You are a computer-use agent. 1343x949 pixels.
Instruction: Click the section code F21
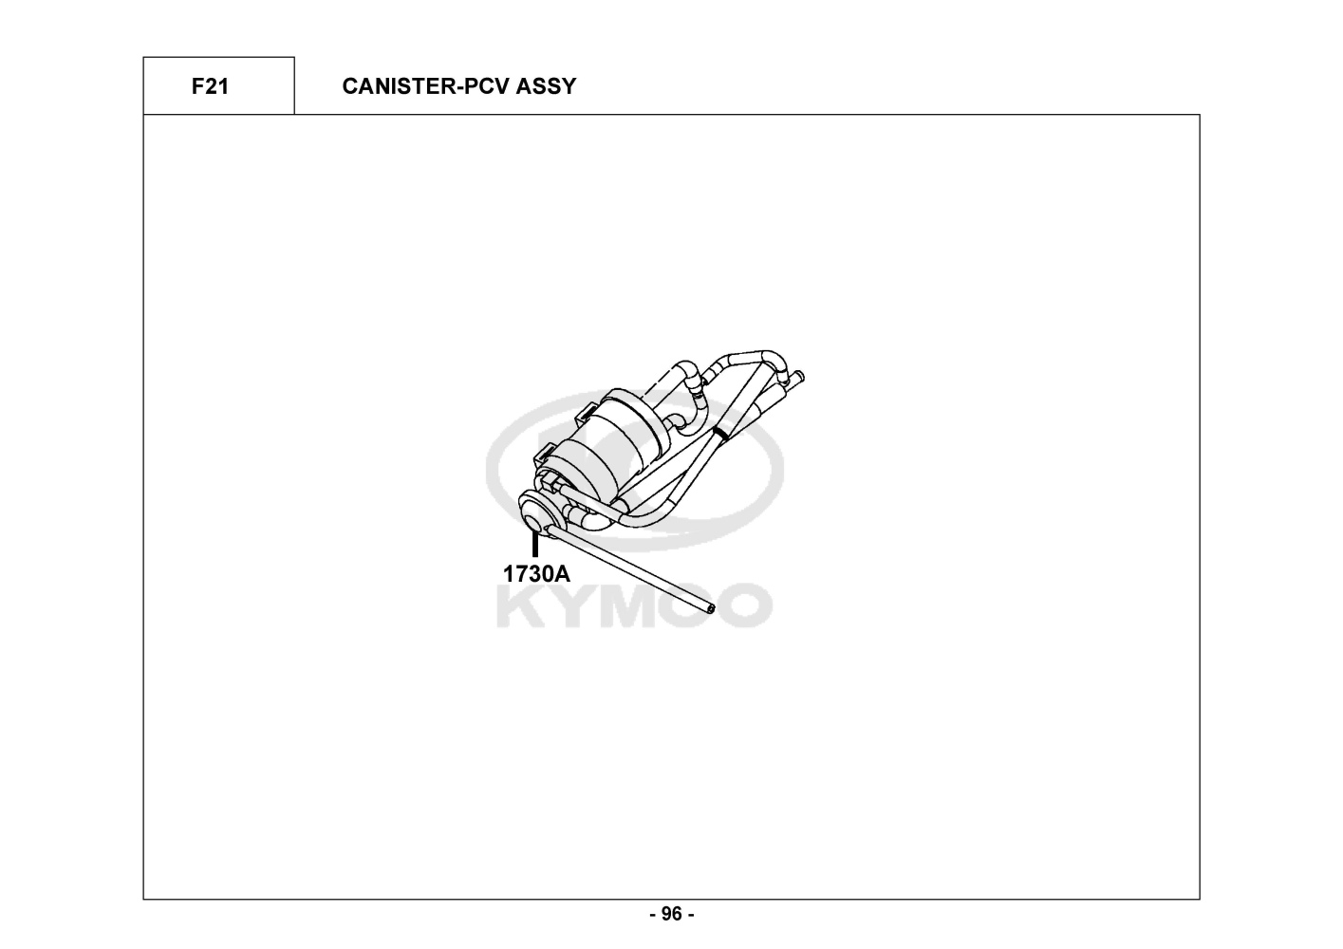(x=210, y=86)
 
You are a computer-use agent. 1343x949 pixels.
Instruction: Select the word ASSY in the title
(x=546, y=86)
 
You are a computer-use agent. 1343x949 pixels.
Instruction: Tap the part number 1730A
(x=536, y=573)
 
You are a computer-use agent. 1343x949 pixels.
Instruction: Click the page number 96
(x=671, y=914)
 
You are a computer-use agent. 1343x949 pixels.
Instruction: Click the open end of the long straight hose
(x=711, y=608)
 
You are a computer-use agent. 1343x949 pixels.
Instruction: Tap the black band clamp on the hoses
(x=721, y=433)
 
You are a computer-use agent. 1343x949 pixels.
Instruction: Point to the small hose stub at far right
(x=797, y=377)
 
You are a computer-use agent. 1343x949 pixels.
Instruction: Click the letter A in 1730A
(x=562, y=573)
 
